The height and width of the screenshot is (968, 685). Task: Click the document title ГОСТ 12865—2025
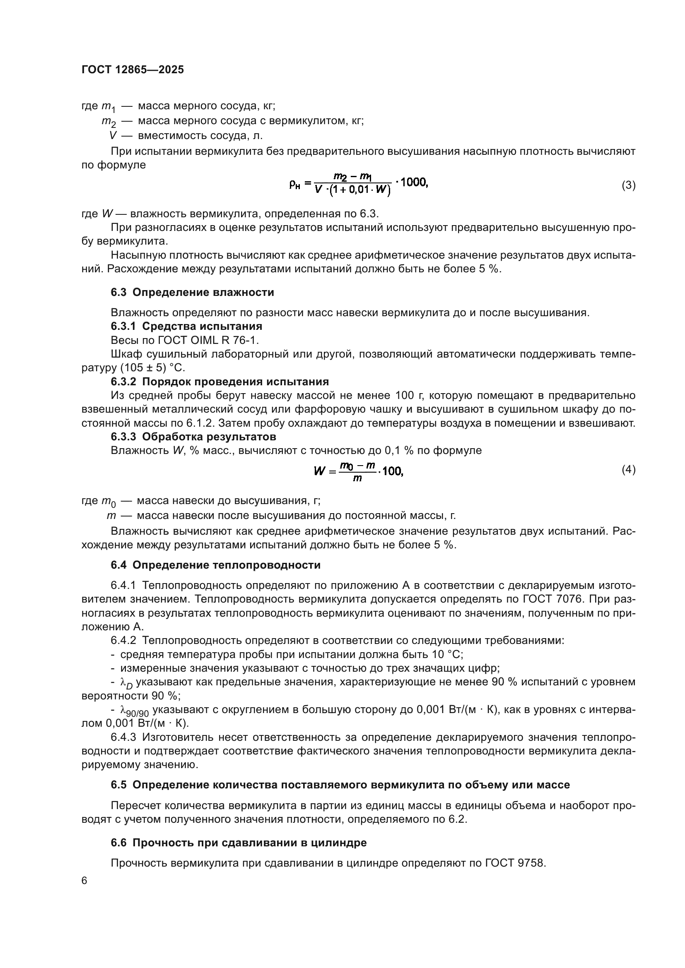pyautogui.click(x=133, y=70)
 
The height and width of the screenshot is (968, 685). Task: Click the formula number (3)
pyautogui.click(x=629, y=185)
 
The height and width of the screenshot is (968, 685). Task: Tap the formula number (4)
pyautogui.click(x=629, y=469)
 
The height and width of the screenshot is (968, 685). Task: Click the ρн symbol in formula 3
pyautogui.click(x=294, y=184)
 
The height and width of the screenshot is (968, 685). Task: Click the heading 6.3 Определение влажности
pyautogui.click(x=192, y=292)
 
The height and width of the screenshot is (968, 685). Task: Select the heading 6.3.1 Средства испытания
pyautogui.click(x=186, y=326)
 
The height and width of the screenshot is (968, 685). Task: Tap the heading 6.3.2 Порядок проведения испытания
pyautogui.click(x=220, y=382)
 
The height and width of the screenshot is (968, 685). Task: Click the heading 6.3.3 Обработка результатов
pyautogui.click(x=193, y=436)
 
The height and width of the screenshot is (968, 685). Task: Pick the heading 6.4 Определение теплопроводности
pyautogui.click(x=215, y=565)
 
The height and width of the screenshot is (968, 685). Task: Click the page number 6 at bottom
pyautogui.click(x=84, y=881)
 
